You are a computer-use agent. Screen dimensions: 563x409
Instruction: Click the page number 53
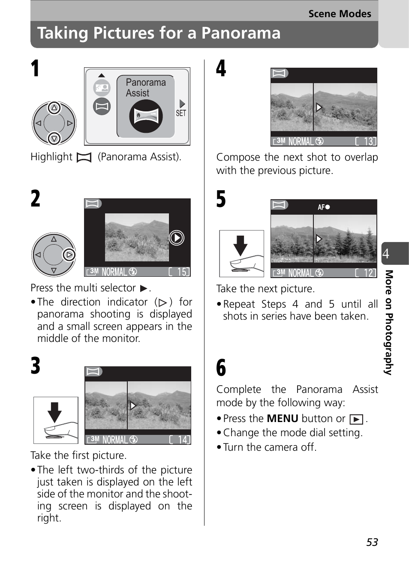pos(372,542)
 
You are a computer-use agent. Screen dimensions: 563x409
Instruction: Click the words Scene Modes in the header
pos(340,14)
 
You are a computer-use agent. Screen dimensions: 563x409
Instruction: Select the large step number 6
pos(221,368)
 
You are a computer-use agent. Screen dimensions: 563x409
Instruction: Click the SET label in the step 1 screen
pos(181,113)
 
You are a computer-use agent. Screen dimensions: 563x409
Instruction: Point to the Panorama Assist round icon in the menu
pos(146,116)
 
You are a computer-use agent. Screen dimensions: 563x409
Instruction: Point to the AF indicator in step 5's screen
pos(324,207)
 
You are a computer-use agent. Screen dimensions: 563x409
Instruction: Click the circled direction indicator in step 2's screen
pos(177,237)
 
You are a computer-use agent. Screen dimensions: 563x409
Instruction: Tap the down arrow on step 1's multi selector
pos(54,138)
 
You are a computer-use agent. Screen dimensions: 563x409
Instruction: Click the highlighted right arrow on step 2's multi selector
pos(69,255)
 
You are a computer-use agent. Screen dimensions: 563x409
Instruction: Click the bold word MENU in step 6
pos(282,418)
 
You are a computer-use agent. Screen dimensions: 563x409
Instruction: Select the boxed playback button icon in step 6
pos(356,419)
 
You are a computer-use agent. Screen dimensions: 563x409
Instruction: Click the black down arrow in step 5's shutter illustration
pos(241,245)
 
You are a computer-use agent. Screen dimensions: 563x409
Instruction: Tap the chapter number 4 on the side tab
pos(386,254)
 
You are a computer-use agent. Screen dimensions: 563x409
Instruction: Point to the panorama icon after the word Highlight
pos(84,158)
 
